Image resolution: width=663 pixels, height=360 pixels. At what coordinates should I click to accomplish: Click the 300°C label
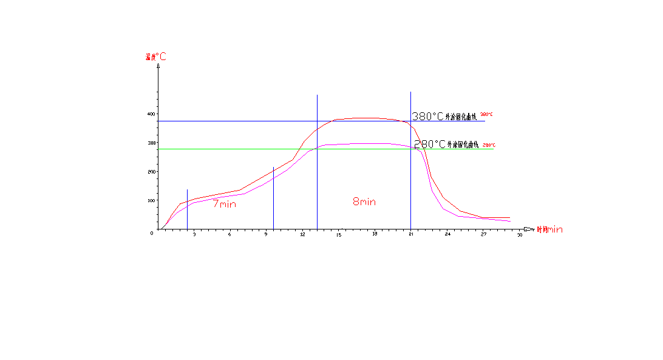tap(486, 114)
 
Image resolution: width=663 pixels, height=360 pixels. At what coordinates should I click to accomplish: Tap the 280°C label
tap(489, 145)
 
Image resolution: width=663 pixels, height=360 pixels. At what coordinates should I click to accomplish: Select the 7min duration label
tap(225, 204)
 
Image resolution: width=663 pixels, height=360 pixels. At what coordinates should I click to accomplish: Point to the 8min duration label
tap(364, 202)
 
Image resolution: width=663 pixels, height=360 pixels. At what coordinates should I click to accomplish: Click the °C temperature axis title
tap(156, 57)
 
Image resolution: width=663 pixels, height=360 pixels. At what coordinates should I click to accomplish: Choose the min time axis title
tap(550, 229)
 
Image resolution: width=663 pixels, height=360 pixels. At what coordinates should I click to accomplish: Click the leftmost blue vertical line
tap(187, 209)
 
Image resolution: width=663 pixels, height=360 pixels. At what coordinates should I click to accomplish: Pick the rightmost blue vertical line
tap(410, 182)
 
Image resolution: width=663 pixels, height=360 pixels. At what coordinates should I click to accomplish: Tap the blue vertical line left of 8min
tap(317, 182)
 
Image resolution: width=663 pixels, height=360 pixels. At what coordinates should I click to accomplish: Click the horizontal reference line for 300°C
tap(243, 121)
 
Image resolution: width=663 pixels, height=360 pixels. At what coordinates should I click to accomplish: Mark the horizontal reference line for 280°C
tap(243, 149)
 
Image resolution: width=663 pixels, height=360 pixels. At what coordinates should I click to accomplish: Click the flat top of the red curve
tap(364, 118)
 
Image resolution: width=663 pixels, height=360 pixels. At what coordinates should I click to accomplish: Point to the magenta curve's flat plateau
tap(364, 144)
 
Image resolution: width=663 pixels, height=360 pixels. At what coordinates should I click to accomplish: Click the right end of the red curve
tap(509, 217)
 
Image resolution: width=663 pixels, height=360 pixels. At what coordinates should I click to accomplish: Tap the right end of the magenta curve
tap(511, 222)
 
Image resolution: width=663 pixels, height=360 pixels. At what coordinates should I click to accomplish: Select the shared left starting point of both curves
tap(166, 224)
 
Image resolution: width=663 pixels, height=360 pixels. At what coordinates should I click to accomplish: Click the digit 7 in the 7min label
tap(216, 204)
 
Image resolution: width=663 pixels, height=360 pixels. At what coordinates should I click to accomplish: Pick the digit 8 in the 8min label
tap(356, 202)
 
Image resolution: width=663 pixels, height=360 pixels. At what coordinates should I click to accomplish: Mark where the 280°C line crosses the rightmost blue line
tap(410, 149)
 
